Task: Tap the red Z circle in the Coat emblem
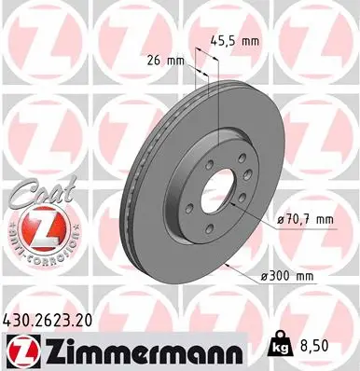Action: pyautogui.click(x=38, y=223)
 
